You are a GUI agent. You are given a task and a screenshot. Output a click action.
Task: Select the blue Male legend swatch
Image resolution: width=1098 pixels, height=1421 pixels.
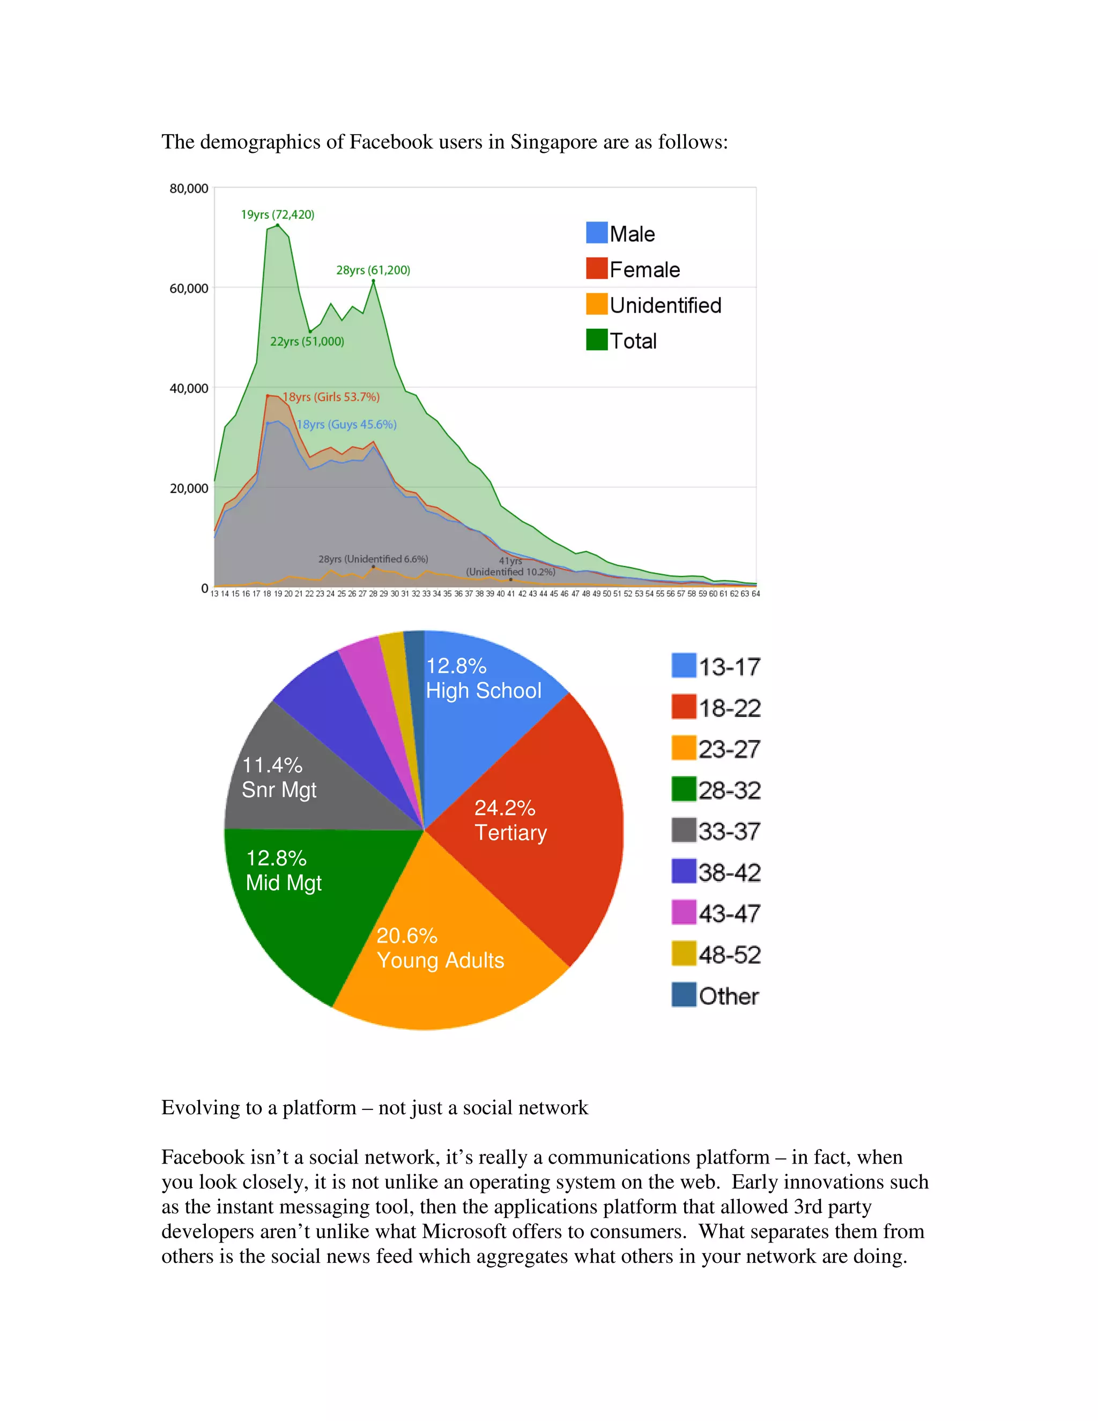point(597,233)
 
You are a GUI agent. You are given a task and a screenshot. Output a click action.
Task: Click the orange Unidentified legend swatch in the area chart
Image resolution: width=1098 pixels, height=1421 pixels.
point(597,304)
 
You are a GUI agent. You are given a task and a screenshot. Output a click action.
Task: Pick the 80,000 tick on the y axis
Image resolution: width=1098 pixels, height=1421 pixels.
point(189,189)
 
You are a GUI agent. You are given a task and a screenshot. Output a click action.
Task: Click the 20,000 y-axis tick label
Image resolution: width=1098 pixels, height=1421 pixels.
point(189,488)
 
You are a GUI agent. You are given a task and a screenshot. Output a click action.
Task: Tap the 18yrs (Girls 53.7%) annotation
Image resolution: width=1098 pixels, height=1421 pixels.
point(331,397)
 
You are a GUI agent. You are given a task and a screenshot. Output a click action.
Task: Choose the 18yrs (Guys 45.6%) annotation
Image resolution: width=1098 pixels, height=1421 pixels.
point(347,424)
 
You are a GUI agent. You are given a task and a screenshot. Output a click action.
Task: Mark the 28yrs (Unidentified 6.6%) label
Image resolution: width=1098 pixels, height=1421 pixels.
point(373,559)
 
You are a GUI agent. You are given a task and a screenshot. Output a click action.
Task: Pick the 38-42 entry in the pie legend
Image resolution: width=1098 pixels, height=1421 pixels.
point(716,872)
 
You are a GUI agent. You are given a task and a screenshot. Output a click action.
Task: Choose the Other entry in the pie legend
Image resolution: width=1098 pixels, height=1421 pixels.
point(716,995)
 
